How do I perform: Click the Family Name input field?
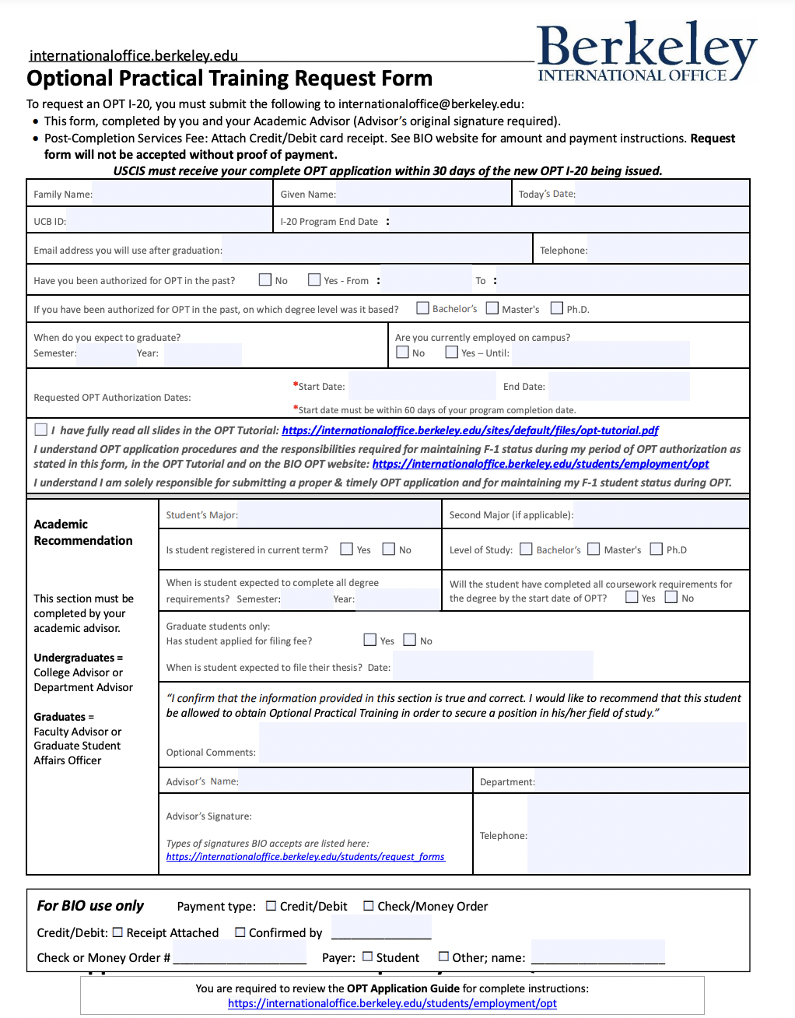pyautogui.click(x=181, y=194)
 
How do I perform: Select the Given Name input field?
pyautogui.click(x=423, y=194)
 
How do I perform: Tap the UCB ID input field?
pyautogui.click(x=169, y=221)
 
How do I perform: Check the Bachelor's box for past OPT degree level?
pyautogui.click(x=423, y=308)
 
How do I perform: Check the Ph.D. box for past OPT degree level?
pyautogui.click(x=557, y=308)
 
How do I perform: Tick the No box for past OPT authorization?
pyautogui.click(x=265, y=279)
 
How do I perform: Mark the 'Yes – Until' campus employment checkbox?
pyautogui.click(x=452, y=353)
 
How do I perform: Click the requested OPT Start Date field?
pyautogui.click(x=421, y=386)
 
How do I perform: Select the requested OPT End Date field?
pyautogui.click(x=618, y=386)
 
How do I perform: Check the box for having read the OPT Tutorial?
pyautogui.click(x=41, y=430)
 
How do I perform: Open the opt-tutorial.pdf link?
pyautogui.click(x=470, y=430)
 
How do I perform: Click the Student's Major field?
pyautogui.click(x=339, y=514)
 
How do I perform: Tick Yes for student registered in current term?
pyautogui.click(x=347, y=549)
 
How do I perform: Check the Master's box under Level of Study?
pyautogui.click(x=594, y=549)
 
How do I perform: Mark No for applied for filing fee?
pyautogui.click(x=410, y=640)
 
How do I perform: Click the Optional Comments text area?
pyautogui.click(x=503, y=742)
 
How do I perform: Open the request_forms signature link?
pyautogui.click(x=305, y=857)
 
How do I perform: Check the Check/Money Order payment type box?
pyautogui.click(x=369, y=906)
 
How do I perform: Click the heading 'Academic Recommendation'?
pyautogui.click(x=83, y=532)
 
